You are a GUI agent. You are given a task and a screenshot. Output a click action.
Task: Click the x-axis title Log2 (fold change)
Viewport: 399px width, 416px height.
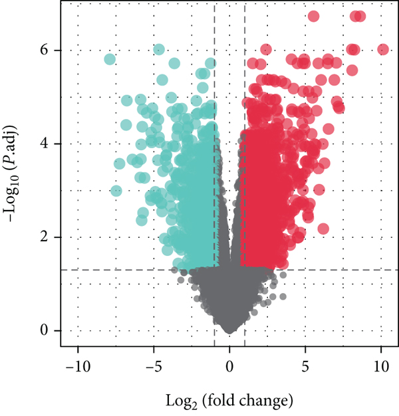click(x=229, y=401)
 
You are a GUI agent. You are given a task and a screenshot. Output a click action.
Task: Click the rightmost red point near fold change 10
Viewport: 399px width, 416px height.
click(x=382, y=49)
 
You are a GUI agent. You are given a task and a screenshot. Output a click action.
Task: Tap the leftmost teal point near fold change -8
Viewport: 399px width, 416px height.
click(x=110, y=59)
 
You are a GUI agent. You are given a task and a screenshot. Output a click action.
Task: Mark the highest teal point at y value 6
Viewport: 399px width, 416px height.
click(x=159, y=49)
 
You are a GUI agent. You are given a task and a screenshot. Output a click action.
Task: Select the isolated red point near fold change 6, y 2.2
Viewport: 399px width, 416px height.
click(x=323, y=229)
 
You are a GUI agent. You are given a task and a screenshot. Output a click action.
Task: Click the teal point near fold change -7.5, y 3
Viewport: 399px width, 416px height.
click(x=116, y=191)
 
